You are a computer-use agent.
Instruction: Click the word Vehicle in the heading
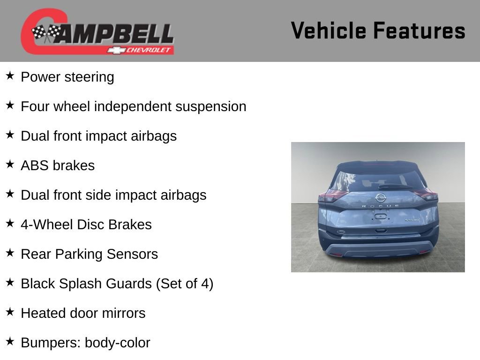[329, 30]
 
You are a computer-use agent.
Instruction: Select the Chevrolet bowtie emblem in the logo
[116, 50]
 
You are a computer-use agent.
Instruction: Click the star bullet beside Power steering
[10, 75]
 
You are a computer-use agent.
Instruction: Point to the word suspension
[210, 107]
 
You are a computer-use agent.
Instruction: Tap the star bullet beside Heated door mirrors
[10, 312]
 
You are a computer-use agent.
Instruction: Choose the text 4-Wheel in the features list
[47, 225]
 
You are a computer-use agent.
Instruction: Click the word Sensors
[132, 254]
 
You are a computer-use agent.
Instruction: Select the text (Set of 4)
[185, 284]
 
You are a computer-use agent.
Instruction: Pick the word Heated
[44, 313]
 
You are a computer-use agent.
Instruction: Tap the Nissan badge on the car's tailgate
[381, 198]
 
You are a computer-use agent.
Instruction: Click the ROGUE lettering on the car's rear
[381, 206]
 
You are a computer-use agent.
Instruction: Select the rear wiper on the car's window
[395, 187]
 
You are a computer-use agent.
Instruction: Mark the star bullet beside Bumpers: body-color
[10, 341]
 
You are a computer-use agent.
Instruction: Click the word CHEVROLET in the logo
[148, 50]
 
